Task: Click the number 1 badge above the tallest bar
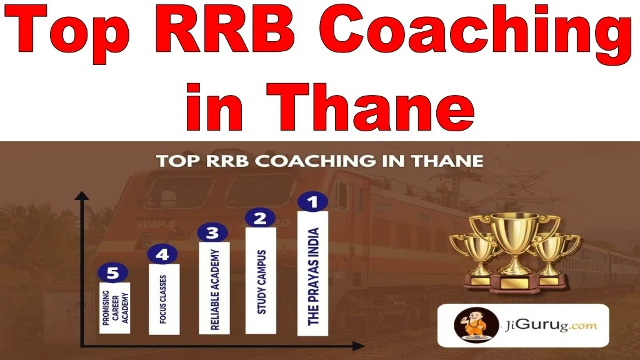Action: (312, 202)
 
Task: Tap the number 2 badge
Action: (261, 218)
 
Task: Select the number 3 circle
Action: (212, 232)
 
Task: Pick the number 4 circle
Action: (162, 254)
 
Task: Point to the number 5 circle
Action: (113, 272)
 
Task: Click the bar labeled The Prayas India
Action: (312, 274)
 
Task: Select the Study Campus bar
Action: (261, 281)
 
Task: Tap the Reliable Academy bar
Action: (214, 288)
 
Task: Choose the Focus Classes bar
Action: (164, 299)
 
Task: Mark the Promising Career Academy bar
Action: (115, 307)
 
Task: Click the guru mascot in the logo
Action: (476, 325)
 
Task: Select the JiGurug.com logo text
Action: (551, 325)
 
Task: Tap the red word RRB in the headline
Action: (225, 29)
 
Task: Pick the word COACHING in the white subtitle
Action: (317, 161)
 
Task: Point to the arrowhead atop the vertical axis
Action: (82, 196)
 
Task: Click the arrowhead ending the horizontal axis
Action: (358, 346)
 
